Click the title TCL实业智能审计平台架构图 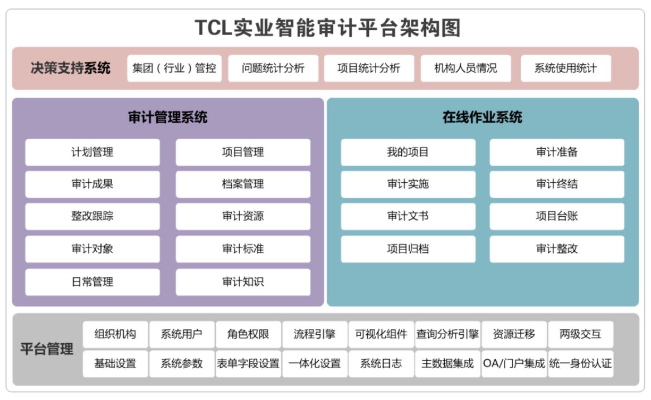tap(328, 27)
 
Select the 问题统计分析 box tap(273, 69)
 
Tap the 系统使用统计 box tap(565, 69)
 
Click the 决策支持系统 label tap(71, 69)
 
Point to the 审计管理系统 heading tap(168, 117)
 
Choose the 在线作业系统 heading tap(482, 117)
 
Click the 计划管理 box tap(93, 152)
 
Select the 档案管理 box tap(243, 184)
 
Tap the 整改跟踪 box tap(93, 217)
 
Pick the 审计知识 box tap(243, 282)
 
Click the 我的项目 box tap(408, 152)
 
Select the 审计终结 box tap(557, 184)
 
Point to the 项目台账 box tap(557, 217)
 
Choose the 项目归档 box tap(408, 249)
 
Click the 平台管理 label tap(47, 350)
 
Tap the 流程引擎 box tap(315, 334)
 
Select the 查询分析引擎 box tap(448, 334)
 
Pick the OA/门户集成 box tap(514, 364)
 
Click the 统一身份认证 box tap(581, 364)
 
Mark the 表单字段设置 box tap(248, 364)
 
